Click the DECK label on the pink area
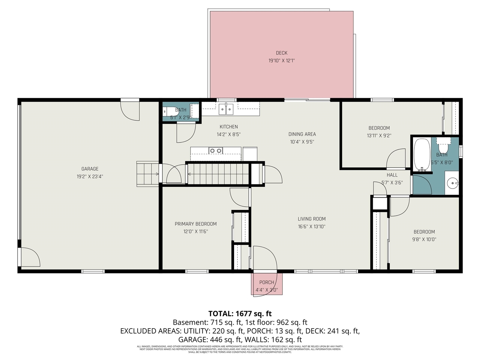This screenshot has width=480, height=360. click(281, 53)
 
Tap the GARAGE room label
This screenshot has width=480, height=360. click(90, 169)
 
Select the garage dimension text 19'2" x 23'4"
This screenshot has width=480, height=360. click(90, 176)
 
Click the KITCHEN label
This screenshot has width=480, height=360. click(228, 127)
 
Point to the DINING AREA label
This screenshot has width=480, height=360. click(302, 134)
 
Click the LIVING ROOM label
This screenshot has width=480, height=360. click(311, 219)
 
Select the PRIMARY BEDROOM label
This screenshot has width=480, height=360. click(195, 224)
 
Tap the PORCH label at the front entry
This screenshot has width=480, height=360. click(266, 282)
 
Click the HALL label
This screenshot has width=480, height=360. click(392, 175)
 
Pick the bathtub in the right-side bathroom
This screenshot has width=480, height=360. click(422, 155)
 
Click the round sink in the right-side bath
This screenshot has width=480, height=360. click(453, 183)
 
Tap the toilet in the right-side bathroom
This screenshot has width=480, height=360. click(444, 141)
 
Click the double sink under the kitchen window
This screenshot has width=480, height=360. click(226, 109)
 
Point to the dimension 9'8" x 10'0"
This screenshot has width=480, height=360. click(424, 239)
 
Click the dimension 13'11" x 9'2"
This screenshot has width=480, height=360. click(379, 135)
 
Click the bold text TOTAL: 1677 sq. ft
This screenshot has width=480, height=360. click(240, 313)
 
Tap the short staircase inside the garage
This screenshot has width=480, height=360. click(148, 174)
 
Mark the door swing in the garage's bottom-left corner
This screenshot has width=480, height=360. click(30, 257)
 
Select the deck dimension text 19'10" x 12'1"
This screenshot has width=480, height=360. click(281, 60)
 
